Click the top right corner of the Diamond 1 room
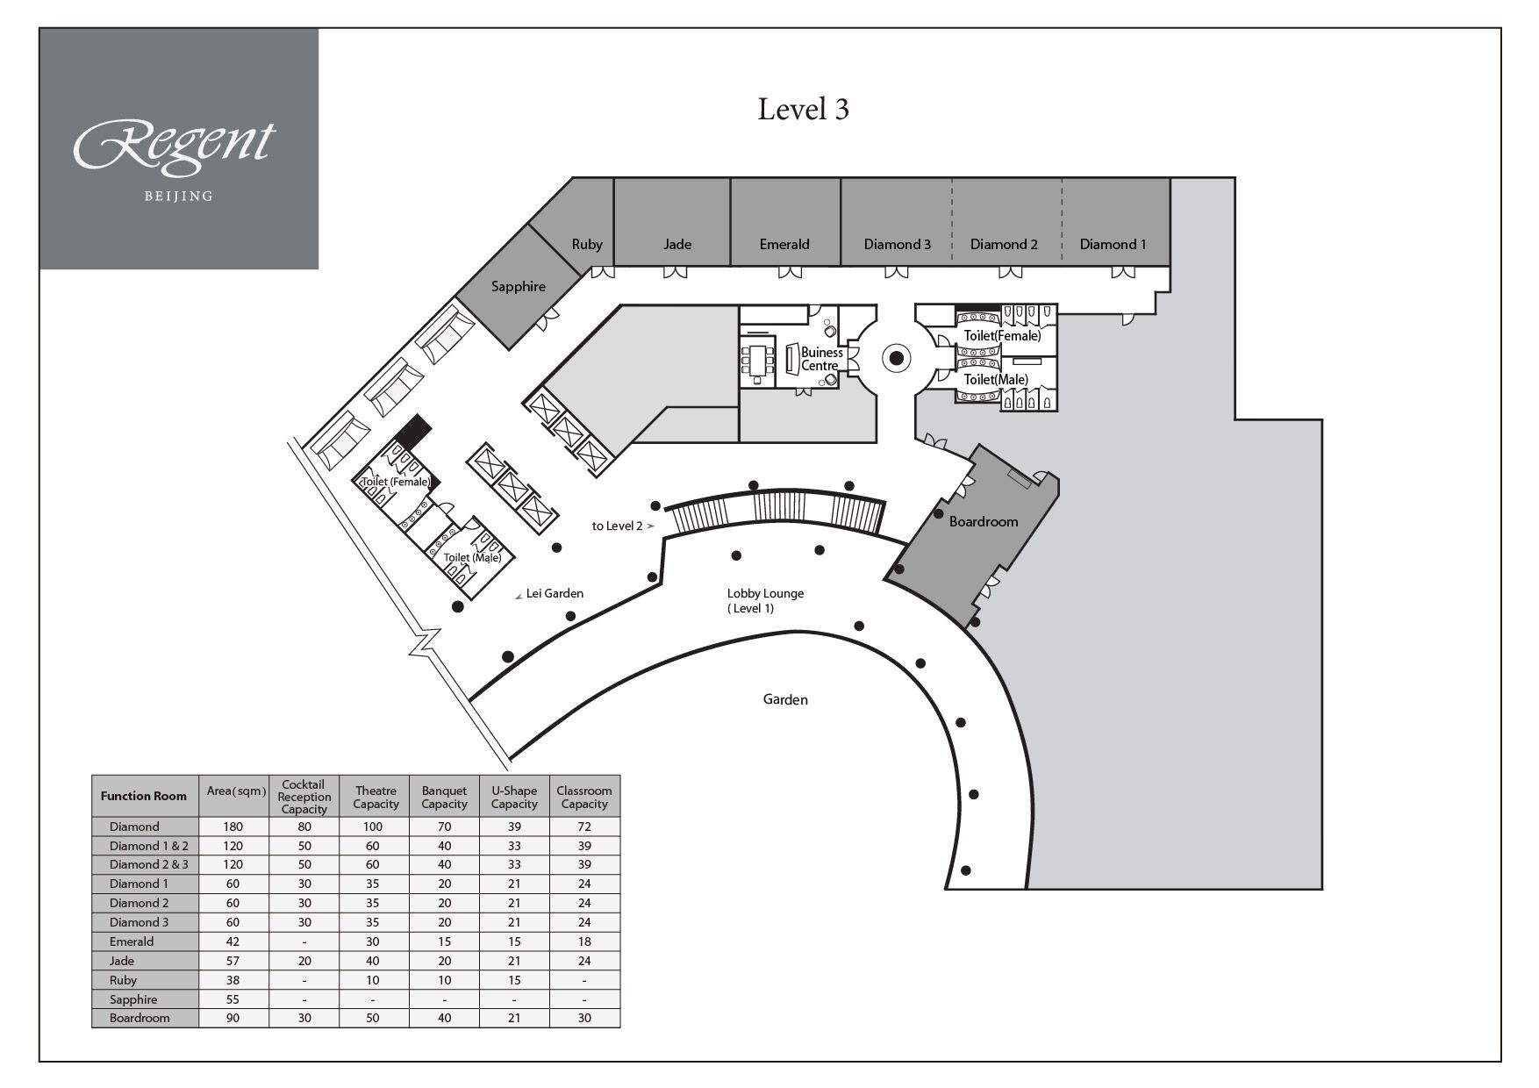point(1170,178)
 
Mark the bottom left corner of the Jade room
point(614,265)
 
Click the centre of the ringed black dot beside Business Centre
point(897,358)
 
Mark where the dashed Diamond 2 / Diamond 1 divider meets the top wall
point(1063,179)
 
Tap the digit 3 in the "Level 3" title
point(841,110)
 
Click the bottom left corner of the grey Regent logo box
point(39,268)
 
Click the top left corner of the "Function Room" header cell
point(92,776)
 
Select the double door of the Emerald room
point(790,272)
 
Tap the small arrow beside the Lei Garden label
point(519,596)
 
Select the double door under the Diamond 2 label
point(1004,272)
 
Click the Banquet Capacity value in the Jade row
point(444,961)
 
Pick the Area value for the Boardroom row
point(233,1019)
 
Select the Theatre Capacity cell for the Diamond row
point(374,827)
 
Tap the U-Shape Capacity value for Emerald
point(514,941)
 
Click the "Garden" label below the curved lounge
point(785,699)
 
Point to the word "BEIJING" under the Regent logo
point(178,196)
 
